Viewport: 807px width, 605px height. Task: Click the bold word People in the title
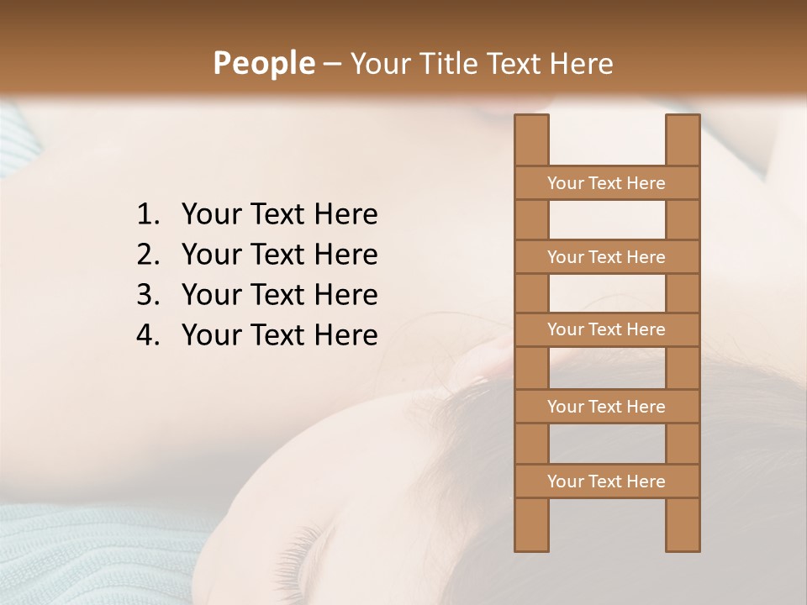264,64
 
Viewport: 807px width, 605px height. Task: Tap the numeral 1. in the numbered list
148,215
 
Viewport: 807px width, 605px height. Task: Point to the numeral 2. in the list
148,255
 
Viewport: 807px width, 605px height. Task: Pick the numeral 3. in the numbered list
148,295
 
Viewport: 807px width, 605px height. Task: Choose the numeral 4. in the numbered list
148,335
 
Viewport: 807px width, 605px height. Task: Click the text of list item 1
279,215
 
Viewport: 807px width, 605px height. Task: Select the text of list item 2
279,255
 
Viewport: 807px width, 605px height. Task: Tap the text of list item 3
279,295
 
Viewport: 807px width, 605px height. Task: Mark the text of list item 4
279,335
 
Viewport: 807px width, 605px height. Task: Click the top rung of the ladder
606,183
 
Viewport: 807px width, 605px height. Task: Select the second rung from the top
606,257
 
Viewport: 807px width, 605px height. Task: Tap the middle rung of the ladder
606,330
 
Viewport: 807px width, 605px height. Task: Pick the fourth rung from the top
606,407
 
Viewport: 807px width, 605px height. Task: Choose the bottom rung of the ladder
606,481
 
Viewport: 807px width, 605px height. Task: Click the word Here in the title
582,64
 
